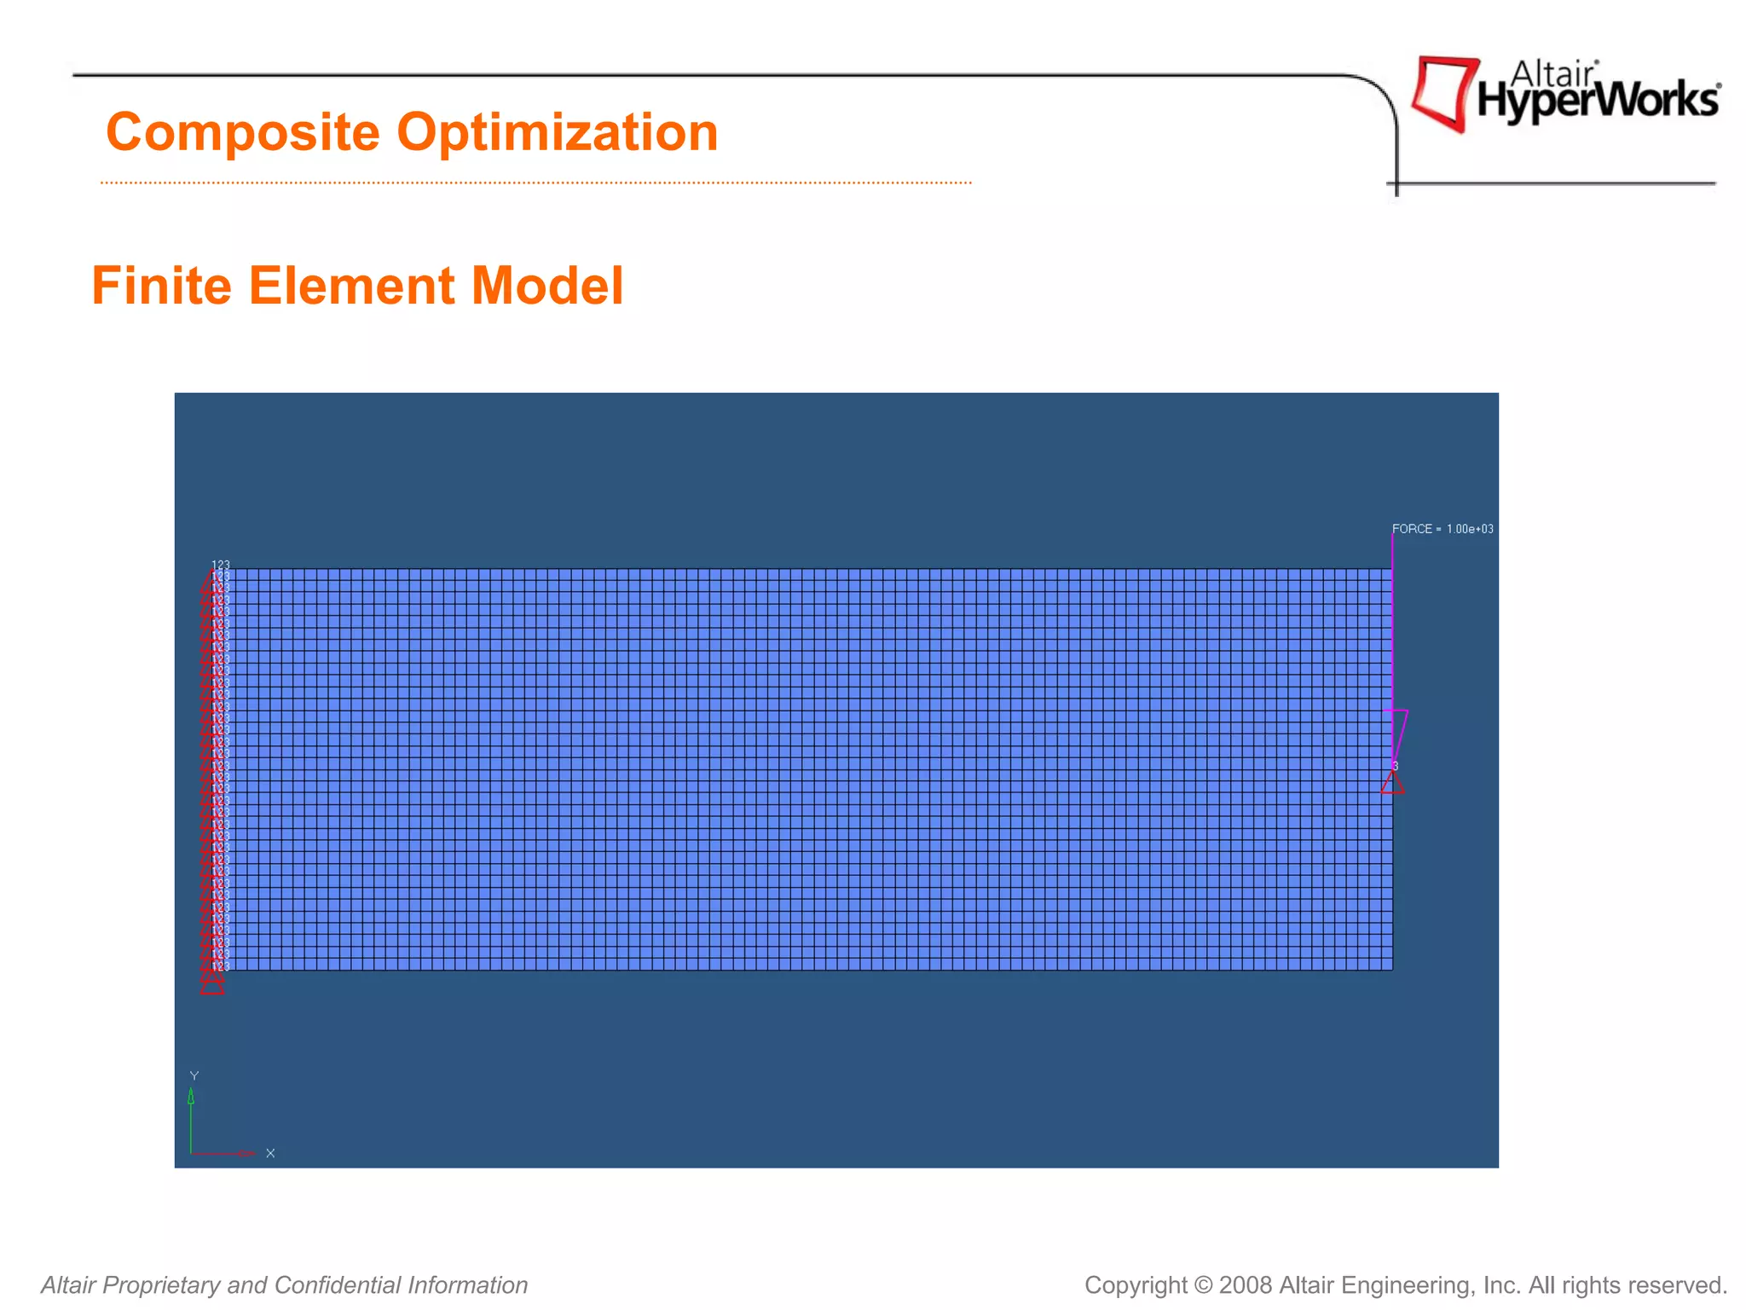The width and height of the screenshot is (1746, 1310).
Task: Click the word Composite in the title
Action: click(242, 132)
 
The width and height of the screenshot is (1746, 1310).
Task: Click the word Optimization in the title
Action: click(558, 132)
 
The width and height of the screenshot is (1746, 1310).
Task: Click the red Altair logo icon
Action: click(1444, 92)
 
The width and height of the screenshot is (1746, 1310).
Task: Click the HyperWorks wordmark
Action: click(1598, 101)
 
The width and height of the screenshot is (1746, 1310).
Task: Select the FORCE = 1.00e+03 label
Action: click(1442, 529)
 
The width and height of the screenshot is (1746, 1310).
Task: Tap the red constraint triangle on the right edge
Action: click(1392, 784)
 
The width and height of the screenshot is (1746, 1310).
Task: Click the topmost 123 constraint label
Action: click(221, 565)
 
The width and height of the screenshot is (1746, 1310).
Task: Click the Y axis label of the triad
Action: click(194, 1076)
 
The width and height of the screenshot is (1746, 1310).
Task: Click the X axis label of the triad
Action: click(270, 1153)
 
